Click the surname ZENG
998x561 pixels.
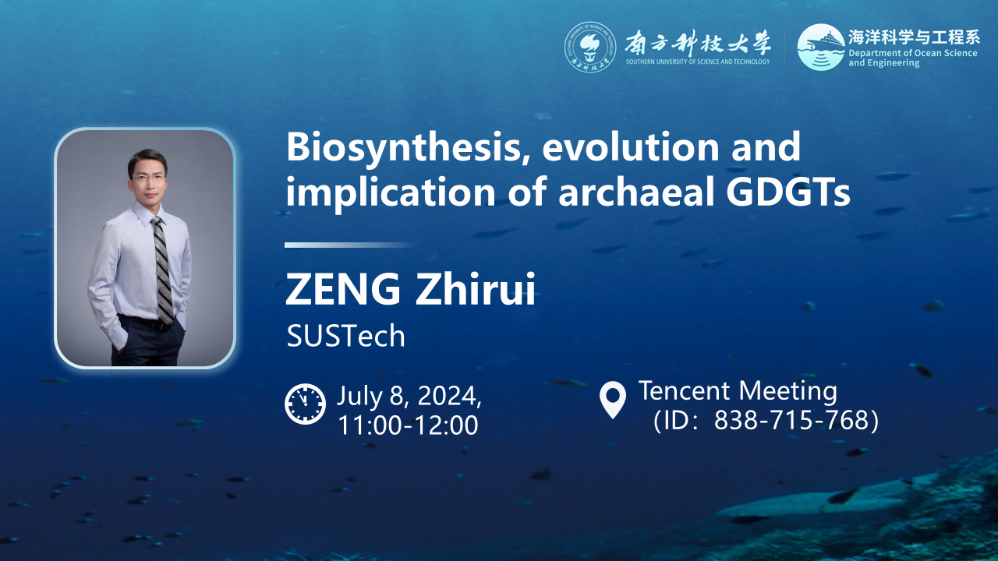point(343,289)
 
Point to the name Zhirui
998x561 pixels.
point(475,289)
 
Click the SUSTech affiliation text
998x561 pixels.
point(345,336)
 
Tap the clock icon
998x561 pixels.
point(305,404)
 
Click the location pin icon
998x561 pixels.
point(613,400)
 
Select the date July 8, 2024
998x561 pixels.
point(409,396)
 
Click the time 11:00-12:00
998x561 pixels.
point(409,425)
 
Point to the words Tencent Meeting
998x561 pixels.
point(738,391)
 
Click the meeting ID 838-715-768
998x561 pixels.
point(791,420)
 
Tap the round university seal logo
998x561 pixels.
point(590,48)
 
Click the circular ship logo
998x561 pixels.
point(821,48)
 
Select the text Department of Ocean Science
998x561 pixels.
point(912,54)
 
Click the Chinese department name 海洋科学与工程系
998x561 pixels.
point(914,37)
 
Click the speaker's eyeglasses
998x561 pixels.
point(148,178)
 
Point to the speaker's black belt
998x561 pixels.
point(147,322)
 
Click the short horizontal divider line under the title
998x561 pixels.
point(350,245)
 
